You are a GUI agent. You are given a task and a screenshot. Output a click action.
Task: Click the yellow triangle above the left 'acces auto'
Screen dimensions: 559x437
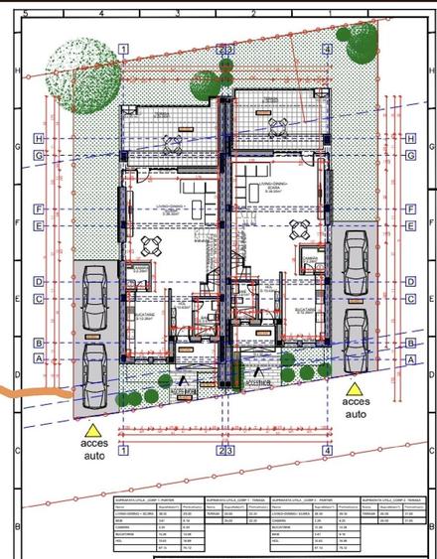(94, 430)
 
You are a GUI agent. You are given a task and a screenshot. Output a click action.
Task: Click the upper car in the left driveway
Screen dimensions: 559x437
(95, 299)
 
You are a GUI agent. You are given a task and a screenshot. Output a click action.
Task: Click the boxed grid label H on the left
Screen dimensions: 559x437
(39, 139)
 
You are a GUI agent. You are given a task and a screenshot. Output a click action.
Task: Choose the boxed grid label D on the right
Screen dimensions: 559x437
(409, 282)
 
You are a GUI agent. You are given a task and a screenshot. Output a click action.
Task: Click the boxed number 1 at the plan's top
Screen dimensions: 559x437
(122, 48)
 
